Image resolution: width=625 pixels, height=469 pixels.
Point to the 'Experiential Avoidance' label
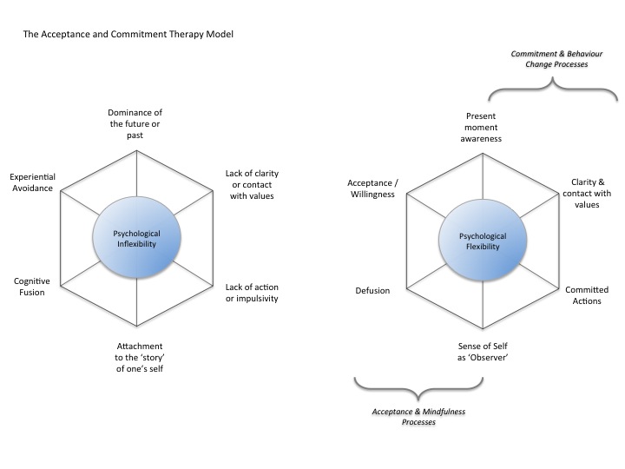33,182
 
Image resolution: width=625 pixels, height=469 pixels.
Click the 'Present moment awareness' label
484,127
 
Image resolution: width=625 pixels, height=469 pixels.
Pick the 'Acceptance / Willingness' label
371,188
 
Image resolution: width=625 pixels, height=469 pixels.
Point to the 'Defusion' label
372,290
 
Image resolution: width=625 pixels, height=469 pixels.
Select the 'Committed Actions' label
587,295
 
